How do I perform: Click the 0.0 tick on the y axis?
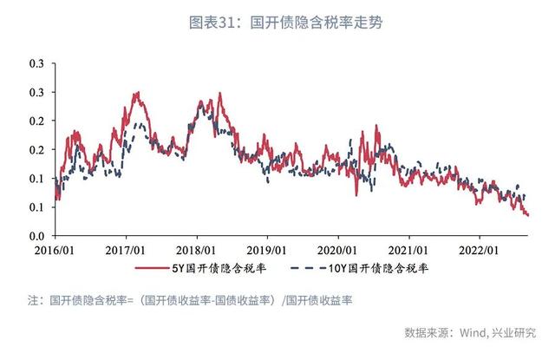[36, 236]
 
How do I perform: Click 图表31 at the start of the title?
[214, 23]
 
